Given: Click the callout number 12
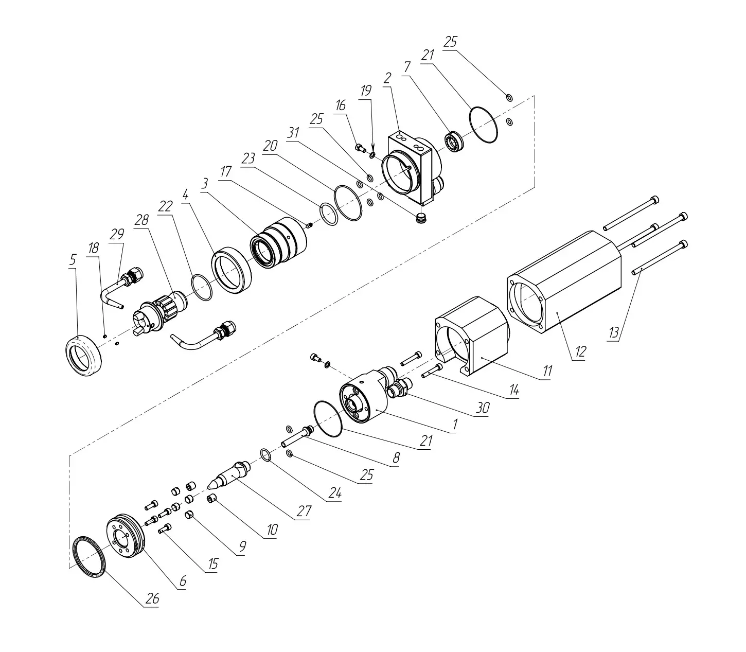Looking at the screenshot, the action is coord(580,351).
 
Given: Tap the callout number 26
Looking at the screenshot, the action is coord(152,599).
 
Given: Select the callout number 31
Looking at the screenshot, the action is coord(293,133).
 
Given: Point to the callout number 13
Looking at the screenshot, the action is coord(614,332).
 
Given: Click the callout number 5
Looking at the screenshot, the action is coord(73,260).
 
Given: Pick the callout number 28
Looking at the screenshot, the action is coord(141,220).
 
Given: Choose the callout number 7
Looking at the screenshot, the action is coord(407,67).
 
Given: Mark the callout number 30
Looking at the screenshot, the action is coord(483,408).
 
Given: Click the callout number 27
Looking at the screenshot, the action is coord(304,511).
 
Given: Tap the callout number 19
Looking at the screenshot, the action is coord(366,91).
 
